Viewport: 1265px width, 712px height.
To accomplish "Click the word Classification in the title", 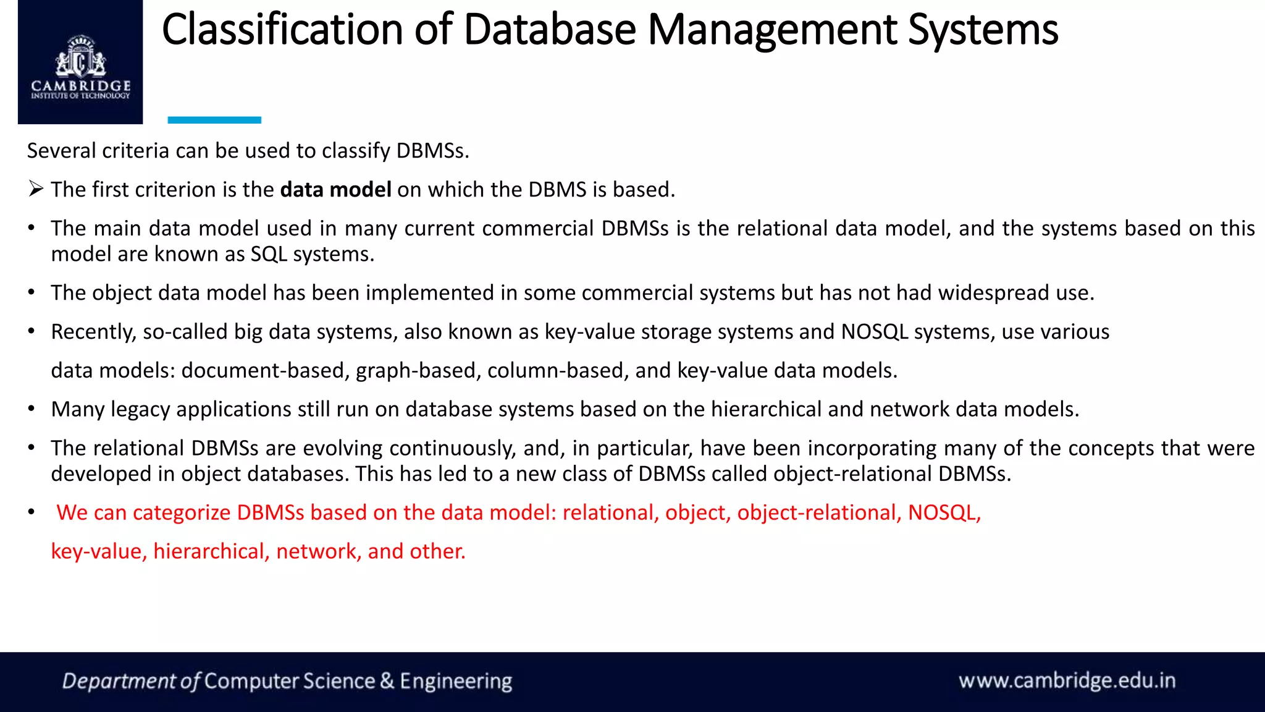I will pos(282,30).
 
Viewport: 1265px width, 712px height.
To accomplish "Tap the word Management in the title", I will pos(771,30).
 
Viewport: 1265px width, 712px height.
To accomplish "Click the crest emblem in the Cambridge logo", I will pos(80,59).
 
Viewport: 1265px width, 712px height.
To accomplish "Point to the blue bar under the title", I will pos(214,120).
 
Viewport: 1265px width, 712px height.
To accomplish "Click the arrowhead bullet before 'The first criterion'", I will pos(36,189).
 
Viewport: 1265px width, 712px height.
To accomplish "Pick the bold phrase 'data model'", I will pos(335,190).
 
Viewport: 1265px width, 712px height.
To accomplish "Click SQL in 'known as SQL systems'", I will pos(269,254).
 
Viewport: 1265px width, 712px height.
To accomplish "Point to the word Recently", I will pos(93,332).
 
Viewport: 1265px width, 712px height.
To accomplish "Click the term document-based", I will pos(265,371).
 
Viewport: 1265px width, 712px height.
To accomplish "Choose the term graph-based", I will pos(418,371).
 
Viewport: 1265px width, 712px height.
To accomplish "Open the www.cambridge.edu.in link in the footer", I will pos(1067,681).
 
